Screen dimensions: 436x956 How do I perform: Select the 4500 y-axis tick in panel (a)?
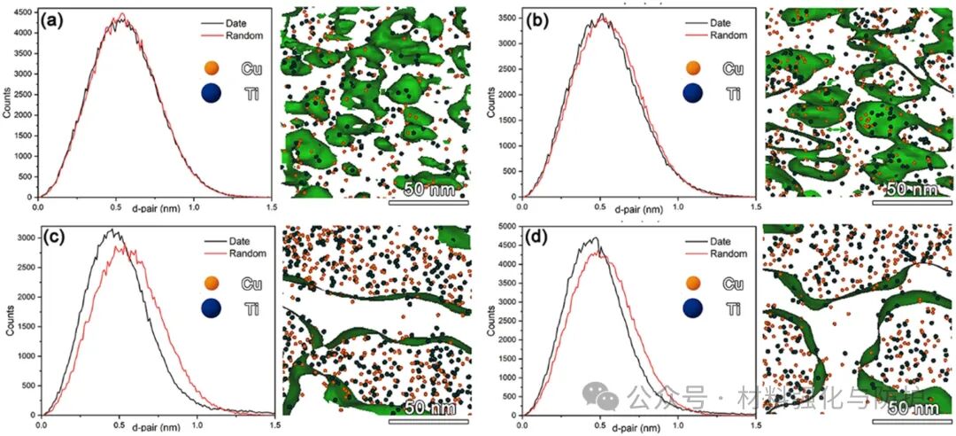tap(24, 12)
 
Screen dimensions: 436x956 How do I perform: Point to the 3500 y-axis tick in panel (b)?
tap(506, 16)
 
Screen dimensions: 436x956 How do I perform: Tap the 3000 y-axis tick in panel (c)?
tap(24, 237)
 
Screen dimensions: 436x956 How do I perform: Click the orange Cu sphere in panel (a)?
tap(210, 68)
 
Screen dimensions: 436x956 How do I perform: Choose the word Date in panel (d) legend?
tap(718, 240)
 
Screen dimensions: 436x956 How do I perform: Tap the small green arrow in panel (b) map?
tap(835, 129)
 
